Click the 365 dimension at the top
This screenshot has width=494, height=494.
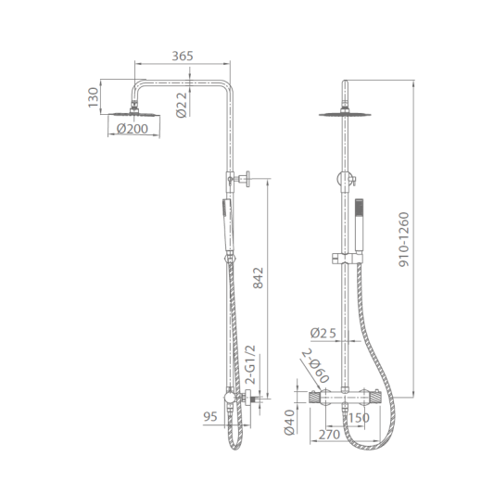pyautogui.click(x=182, y=57)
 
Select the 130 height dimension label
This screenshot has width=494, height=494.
pyautogui.click(x=94, y=97)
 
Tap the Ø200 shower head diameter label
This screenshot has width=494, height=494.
pyautogui.click(x=132, y=129)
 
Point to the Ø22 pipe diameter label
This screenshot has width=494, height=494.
pyautogui.click(x=182, y=105)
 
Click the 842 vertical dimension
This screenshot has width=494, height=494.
pyautogui.click(x=258, y=278)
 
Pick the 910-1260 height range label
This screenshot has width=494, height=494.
pyautogui.click(x=403, y=240)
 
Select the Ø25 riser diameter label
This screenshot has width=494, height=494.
pyautogui.click(x=323, y=333)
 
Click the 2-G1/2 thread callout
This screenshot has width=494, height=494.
pyautogui.click(x=251, y=364)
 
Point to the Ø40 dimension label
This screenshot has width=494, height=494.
pyautogui.click(x=289, y=423)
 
